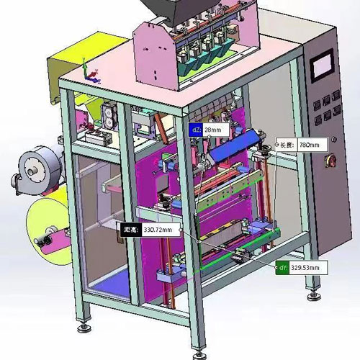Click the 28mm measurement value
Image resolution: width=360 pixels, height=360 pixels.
point(213,130)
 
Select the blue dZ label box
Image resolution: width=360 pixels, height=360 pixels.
point(196,130)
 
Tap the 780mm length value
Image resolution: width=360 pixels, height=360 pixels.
point(310,145)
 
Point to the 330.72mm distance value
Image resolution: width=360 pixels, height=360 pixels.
point(158,230)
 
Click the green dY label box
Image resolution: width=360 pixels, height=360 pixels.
point(282,267)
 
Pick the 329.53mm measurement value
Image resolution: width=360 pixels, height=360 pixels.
point(305,267)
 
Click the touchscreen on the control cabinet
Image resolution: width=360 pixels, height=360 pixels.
point(322,66)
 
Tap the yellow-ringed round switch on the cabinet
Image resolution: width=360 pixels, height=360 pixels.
point(330,161)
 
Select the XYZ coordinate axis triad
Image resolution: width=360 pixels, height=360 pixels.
point(91,71)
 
